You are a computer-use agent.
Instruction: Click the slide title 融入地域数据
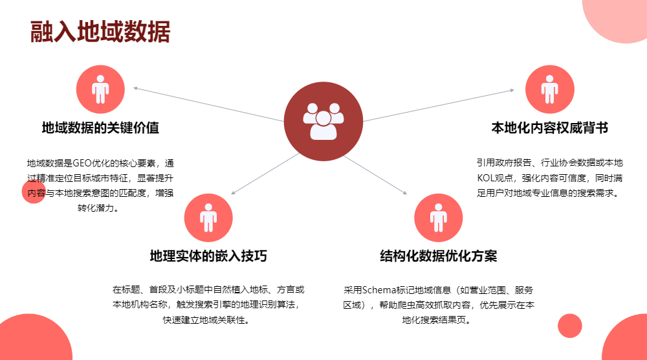[100, 32]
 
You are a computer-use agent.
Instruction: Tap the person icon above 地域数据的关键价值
[100, 89]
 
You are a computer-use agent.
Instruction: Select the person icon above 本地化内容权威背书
[549, 89]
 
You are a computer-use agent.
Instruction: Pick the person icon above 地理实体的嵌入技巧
[208, 218]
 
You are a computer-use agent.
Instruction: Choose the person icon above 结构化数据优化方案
[438, 218]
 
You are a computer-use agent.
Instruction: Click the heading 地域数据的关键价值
[100, 128]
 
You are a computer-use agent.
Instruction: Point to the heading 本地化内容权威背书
[549, 128]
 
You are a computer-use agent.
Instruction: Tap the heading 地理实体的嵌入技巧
[208, 256]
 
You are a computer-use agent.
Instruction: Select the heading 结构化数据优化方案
[438, 256]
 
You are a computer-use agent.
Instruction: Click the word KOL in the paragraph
[487, 177]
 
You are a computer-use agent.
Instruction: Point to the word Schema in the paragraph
[383, 289]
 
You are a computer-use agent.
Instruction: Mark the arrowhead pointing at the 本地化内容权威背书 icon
[512, 90]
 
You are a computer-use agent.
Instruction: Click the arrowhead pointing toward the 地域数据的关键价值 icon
[135, 87]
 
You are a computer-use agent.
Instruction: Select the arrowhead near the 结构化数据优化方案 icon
[405, 193]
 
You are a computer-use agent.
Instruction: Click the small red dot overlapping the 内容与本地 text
[34, 192]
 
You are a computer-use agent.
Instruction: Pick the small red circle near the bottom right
[570, 326]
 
